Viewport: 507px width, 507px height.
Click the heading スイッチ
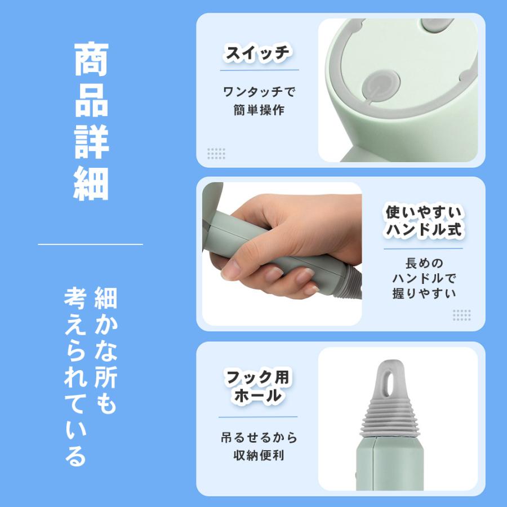[x=258, y=54]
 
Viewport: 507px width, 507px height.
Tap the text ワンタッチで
[x=259, y=91]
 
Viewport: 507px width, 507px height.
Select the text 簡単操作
[x=259, y=110]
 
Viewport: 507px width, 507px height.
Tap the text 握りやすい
[x=424, y=293]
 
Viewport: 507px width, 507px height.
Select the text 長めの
[x=424, y=263]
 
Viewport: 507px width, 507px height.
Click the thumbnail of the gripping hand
[x=282, y=253]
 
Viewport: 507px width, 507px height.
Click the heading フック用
[x=258, y=376]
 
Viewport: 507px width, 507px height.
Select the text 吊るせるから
[x=259, y=437]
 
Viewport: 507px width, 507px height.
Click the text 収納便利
[x=259, y=455]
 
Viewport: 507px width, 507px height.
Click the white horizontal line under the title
[x=90, y=244]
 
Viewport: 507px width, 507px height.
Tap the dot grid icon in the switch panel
[x=216, y=153]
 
